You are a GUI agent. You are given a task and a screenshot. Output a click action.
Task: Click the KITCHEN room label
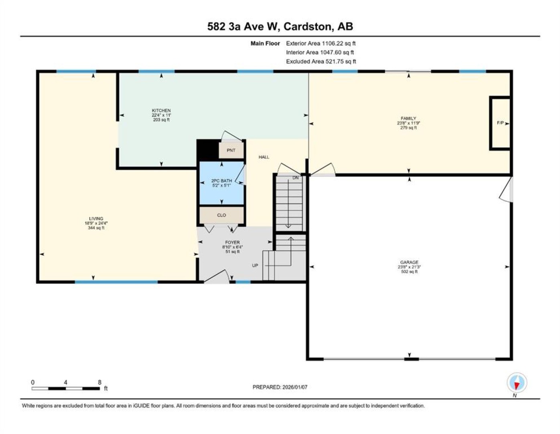(x=161, y=111)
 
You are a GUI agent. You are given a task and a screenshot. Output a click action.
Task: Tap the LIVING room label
(x=96, y=219)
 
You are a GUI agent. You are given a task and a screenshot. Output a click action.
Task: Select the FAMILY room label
(x=408, y=119)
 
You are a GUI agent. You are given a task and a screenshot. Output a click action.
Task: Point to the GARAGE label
(x=409, y=262)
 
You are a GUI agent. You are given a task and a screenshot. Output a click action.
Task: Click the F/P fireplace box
(x=500, y=123)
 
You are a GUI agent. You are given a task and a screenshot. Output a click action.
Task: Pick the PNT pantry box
(x=231, y=150)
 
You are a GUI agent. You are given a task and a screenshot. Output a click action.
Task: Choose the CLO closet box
(x=221, y=215)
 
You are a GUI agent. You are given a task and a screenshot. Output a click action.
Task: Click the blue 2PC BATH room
(x=221, y=183)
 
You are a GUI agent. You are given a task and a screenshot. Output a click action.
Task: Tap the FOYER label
(x=232, y=242)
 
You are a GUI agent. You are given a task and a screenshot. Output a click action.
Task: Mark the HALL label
(x=264, y=157)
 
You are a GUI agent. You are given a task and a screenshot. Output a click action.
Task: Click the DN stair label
(x=296, y=178)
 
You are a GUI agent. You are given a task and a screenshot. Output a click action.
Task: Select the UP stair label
(x=255, y=265)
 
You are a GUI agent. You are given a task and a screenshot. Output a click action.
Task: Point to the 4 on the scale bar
(x=65, y=383)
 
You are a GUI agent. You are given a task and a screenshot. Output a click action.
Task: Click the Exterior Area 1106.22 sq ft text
(x=321, y=43)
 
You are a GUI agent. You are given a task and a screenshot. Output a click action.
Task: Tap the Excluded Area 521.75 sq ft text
(x=321, y=61)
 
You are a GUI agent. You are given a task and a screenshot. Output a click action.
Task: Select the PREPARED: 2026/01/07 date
(x=280, y=387)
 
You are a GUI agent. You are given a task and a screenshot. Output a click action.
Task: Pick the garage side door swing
(x=505, y=190)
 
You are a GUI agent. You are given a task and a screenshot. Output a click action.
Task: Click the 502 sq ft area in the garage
(x=409, y=272)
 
